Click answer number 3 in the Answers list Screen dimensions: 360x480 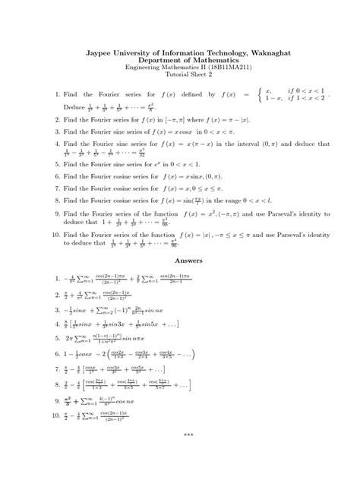click(57, 311)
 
